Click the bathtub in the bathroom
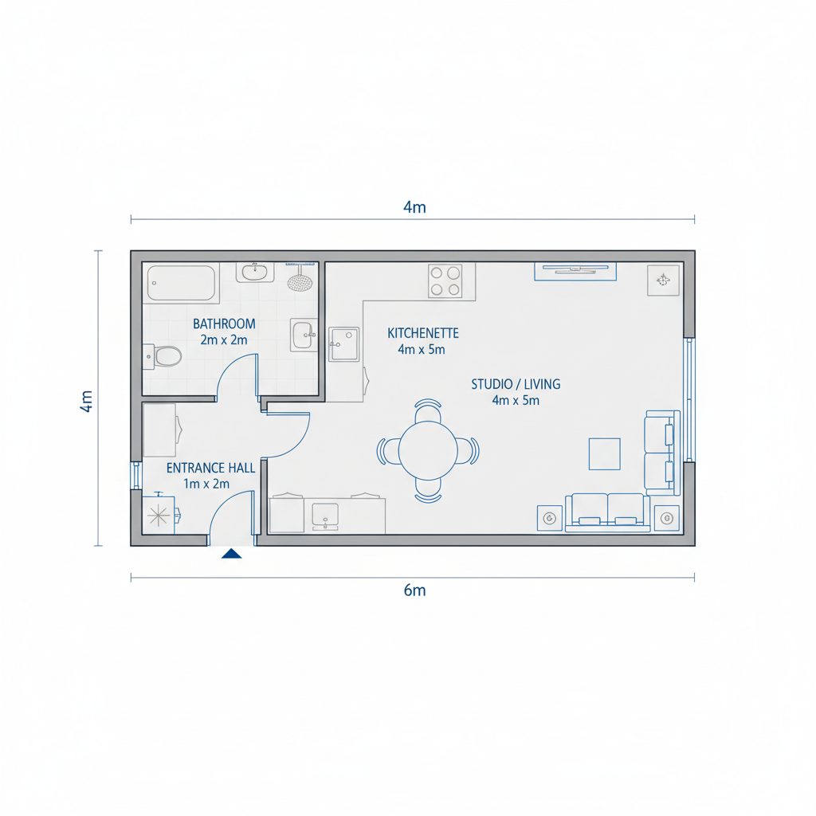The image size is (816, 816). click(x=181, y=283)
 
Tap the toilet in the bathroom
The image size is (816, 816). click(x=165, y=355)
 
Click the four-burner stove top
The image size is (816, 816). click(x=445, y=280)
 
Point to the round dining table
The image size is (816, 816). click(x=428, y=450)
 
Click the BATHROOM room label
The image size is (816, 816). click(x=224, y=324)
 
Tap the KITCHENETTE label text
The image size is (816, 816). click(x=422, y=333)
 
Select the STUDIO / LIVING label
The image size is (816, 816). click(x=516, y=384)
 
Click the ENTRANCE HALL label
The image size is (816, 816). click(x=210, y=468)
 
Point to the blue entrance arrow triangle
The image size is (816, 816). click(x=232, y=553)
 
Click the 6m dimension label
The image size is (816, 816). click(x=414, y=590)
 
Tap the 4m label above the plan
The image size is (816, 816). click(x=414, y=208)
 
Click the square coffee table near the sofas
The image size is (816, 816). click(x=604, y=453)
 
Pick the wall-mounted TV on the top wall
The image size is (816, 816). click(x=575, y=270)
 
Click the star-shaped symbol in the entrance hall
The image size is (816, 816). click(x=159, y=512)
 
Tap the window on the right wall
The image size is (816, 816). click(x=690, y=398)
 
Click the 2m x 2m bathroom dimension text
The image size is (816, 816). click(x=224, y=339)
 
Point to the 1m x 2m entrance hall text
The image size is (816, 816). click(x=206, y=483)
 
